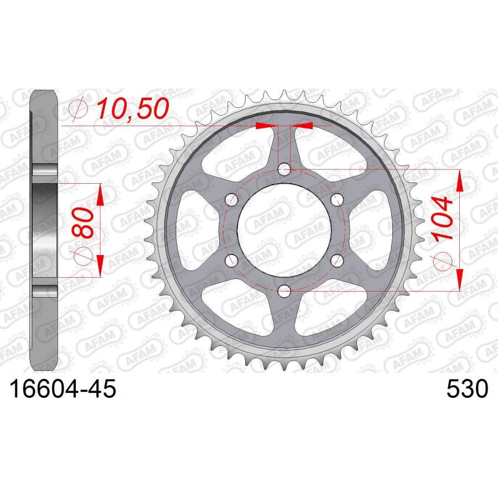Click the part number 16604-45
coord(61,389)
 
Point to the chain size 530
coord(467,389)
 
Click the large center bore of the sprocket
coord(284,229)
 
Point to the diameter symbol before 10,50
coord(79,110)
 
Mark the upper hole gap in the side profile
coord(44,172)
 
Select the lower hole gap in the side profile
coord(44,291)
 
